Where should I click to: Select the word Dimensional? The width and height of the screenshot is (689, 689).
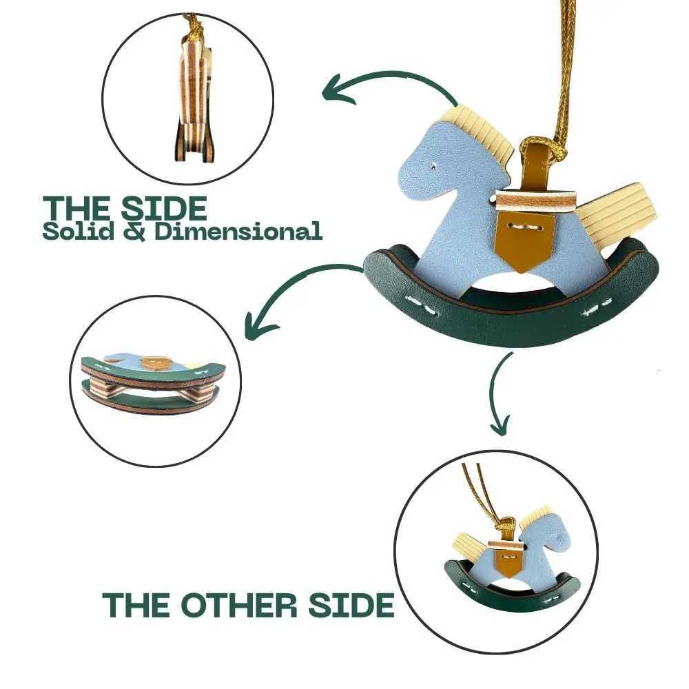click(x=238, y=231)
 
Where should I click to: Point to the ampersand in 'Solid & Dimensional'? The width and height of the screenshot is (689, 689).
click(x=135, y=231)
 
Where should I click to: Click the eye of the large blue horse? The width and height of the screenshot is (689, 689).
click(x=433, y=166)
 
